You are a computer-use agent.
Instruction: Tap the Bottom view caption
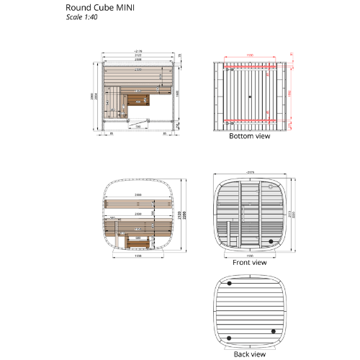pos(249,135)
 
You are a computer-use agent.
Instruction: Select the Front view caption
pos(249,263)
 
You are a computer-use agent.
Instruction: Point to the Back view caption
pos(249,354)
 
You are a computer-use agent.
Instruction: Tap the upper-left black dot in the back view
pos(230,283)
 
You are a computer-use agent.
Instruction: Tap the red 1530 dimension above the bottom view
pos(249,55)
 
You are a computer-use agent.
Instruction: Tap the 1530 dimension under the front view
pos(249,255)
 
